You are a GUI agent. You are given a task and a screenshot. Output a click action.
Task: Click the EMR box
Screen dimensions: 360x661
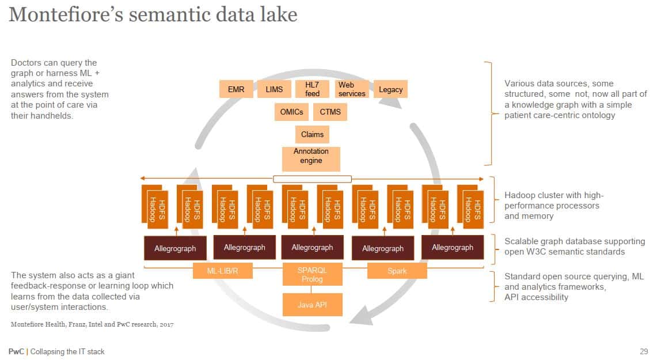click(x=236, y=89)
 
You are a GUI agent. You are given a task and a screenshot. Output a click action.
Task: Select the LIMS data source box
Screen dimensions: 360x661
click(x=275, y=89)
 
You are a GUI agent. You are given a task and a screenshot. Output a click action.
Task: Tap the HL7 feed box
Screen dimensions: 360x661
click(x=312, y=89)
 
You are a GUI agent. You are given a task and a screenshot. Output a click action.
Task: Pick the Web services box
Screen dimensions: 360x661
click(x=351, y=89)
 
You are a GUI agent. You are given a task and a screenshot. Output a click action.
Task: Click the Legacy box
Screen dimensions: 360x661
click(x=391, y=89)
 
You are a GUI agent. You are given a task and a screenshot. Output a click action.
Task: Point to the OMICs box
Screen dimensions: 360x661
click(x=292, y=112)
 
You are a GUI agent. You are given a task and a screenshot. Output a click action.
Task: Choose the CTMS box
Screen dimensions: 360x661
click(x=330, y=112)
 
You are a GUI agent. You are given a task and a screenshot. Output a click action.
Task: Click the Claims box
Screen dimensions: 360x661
click(x=312, y=134)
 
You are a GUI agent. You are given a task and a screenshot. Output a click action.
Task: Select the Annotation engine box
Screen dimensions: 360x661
click(x=311, y=156)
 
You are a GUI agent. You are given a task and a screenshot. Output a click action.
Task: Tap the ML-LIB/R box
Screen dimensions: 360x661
click(x=223, y=271)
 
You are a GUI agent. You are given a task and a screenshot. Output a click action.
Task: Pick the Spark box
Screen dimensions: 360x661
click(x=397, y=271)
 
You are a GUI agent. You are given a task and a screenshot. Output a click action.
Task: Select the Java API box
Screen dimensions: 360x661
click(x=312, y=304)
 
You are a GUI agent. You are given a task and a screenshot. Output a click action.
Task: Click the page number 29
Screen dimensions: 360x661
click(x=644, y=351)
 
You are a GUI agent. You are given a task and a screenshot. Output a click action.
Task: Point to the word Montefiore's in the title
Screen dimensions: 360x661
click(x=64, y=14)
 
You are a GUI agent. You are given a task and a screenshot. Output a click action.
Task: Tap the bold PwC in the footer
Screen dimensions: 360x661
click(x=16, y=351)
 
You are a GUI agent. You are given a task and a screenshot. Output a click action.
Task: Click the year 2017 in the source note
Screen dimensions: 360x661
click(x=166, y=324)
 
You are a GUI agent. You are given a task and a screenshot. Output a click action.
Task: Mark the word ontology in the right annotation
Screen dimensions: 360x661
click(x=596, y=115)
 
